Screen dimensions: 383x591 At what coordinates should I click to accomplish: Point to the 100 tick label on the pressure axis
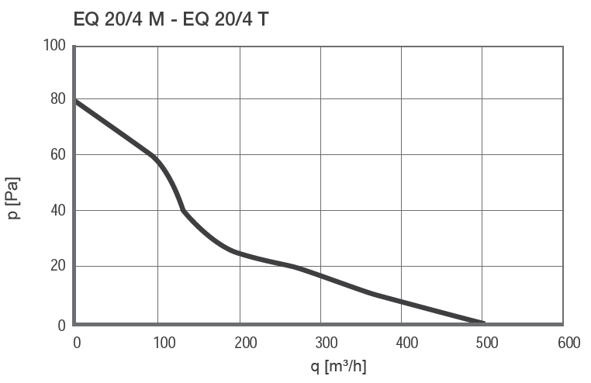pos(54,46)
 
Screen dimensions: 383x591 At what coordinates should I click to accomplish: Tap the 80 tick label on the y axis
pos(57,99)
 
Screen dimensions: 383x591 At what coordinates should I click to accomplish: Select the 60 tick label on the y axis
pos(57,155)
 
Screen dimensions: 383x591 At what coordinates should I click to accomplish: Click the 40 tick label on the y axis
pos(57,211)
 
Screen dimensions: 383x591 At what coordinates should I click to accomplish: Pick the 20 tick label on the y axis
pos(57,267)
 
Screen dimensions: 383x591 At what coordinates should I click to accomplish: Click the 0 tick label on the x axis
pos(76,343)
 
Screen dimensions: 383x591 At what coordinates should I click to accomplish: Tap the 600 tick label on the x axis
pos(569,343)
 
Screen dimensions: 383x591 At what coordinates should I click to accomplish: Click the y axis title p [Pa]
pos(14,198)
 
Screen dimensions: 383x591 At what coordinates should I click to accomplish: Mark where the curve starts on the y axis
pos(76,102)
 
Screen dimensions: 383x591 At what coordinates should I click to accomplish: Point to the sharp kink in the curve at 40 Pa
pos(183,210)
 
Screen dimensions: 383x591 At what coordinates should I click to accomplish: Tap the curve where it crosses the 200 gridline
pos(240,254)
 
